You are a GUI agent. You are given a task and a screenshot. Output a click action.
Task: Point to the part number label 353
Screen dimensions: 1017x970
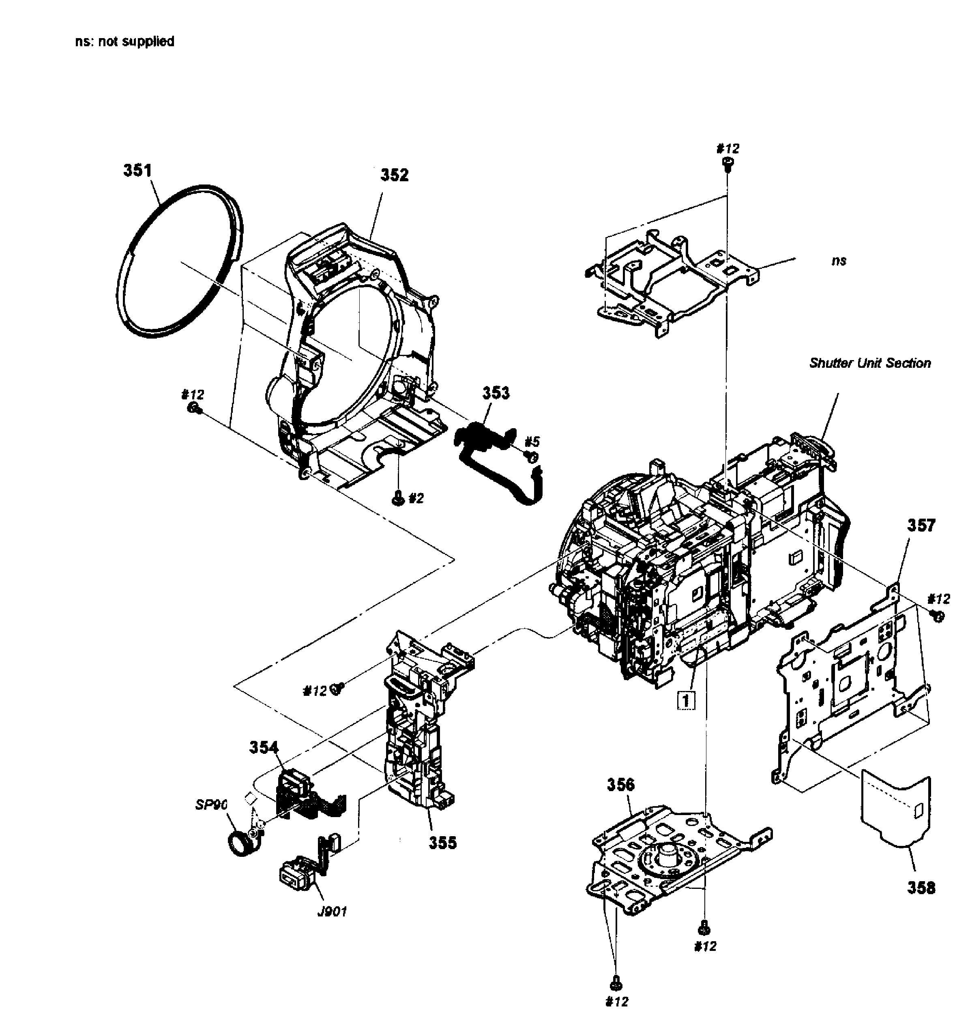tap(496, 393)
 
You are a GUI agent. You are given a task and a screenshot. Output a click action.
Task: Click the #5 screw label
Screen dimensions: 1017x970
tap(532, 442)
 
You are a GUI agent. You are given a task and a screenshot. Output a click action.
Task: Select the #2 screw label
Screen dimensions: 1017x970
tap(416, 498)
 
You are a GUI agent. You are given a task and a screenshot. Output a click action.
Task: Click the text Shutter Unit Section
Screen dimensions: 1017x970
tap(870, 363)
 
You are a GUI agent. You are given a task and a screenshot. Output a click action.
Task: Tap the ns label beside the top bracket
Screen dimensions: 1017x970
tap(839, 261)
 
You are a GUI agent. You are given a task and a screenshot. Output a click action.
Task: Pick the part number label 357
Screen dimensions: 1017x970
tap(921, 526)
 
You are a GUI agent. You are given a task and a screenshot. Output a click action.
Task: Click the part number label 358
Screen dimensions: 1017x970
tap(921, 888)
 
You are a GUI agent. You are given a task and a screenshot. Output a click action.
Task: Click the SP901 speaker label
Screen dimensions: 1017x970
tap(211, 805)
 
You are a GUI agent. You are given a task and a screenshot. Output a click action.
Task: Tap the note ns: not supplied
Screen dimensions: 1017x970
tap(124, 41)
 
